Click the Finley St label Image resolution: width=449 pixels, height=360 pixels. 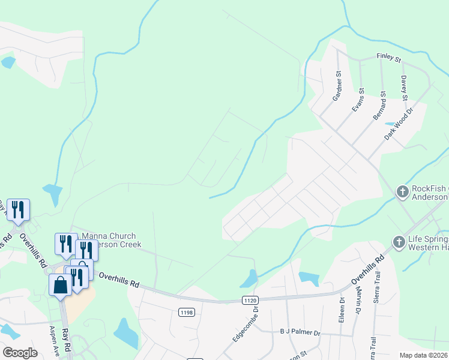pyautogui.click(x=388, y=58)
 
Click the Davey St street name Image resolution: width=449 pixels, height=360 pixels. pyautogui.click(x=404, y=88)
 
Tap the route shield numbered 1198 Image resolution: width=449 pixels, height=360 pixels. pyautogui.click(x=186, y=311)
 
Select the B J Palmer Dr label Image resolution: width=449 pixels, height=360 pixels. pyautogui.click(x=300, y=332)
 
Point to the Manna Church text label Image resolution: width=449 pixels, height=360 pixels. pyautogui.click(x=109, y=236)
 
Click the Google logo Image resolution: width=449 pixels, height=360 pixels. pyautogui.click(x=20, y=352)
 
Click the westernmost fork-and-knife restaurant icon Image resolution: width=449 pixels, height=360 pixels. pyautogui.click(x=18, y=209)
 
